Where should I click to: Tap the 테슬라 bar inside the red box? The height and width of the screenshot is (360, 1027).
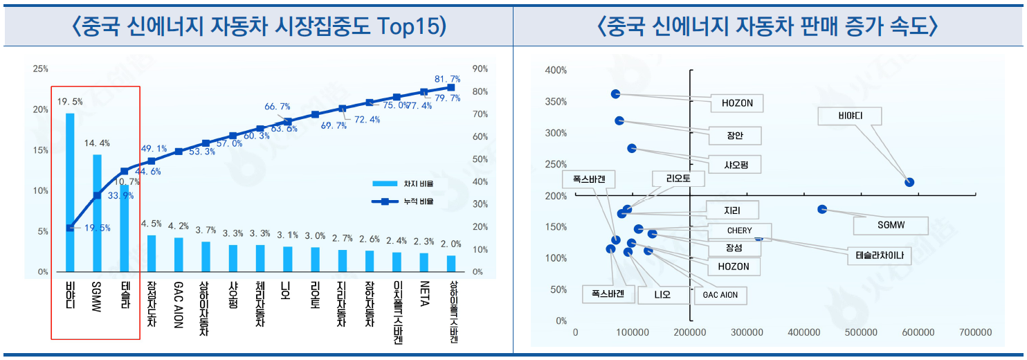coord(125,228)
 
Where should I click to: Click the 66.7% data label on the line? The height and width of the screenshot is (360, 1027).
coord(278,107)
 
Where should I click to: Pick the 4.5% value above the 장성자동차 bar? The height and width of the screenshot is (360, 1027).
coord(152,224)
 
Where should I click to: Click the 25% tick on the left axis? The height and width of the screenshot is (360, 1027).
coord(41,69)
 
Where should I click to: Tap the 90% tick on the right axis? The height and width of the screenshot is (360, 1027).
coord(480,69)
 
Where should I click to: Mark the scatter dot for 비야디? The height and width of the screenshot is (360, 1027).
coord(909,182)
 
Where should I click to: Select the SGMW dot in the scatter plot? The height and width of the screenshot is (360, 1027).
coord(822,209)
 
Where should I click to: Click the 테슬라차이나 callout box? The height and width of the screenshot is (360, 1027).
coord(879,255)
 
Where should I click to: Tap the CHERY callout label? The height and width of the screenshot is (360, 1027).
coord(739,231)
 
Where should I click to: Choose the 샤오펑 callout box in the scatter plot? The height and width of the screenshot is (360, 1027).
coord(742,164)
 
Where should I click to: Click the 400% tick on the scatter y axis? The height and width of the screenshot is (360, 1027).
coord(556,71)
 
